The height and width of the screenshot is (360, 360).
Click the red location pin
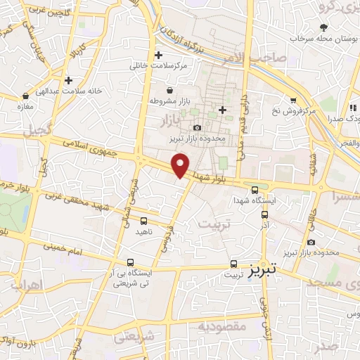pyautogui.click(x=181, y=165)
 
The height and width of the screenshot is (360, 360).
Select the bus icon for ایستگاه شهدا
pyautogui.click(x=255, y=188)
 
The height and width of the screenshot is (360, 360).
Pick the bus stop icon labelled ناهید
pyautogui.click(x=143, y=221)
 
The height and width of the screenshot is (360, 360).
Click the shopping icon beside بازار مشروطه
pyautogui.click(x=171, y=90)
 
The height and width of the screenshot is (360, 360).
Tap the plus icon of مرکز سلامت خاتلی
pyautogui.click(x=158, y=55)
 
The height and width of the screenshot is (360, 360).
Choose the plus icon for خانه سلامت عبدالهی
pyautogui.click(x=68, y=80)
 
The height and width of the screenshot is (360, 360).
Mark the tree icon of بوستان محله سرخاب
pyautogui.click(x=323, y=27)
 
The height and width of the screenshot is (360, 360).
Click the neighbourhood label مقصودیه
pyautogui.click(x=221, y=326)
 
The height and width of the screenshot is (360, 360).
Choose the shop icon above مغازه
pyautogui.click(x=25, y=96)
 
